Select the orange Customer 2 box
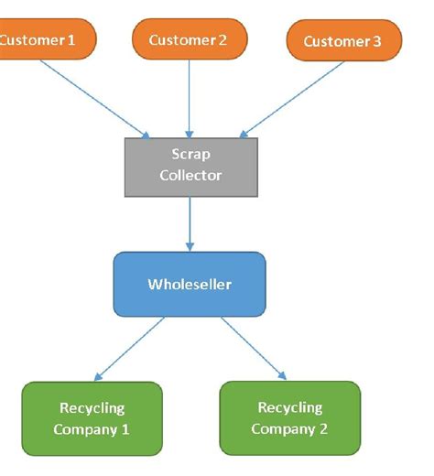click(189, 39)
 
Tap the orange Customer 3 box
click(343, 41)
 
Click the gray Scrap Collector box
click(190, 166)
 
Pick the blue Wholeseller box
click(189, 284)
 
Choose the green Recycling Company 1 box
click(92, 418)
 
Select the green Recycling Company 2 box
click(289, 417)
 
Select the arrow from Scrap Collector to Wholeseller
click(190, 224)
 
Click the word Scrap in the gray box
click(190, 155)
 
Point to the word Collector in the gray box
click(190, 175)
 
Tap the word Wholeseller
click(190, 284)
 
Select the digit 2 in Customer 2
click(222, 39)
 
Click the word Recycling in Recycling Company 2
click(289, 407)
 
